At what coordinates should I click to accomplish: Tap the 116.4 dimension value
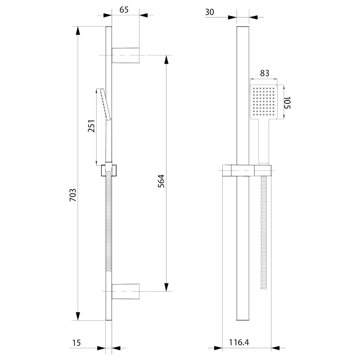pyautogui.click(x=239, y=343)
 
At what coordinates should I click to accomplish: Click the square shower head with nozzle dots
pyautogui.click(x=265, y=103)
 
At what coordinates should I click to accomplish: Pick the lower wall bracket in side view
pyautogui.click(x=126, y=291)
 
